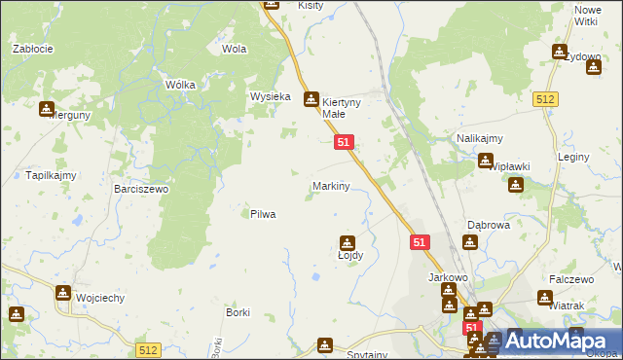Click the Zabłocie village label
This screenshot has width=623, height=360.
[32, 48]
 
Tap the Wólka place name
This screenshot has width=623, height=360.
[180, 85]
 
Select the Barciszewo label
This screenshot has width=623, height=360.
[141, 189]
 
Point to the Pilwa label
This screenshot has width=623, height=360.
[263, 214]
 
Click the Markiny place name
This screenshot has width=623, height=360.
[331, 185]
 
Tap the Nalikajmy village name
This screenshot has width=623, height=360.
[479, 139]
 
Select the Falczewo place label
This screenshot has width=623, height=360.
[571, 279]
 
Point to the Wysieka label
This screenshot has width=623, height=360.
[272, 97]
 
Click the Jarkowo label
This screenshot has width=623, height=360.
[449, 277]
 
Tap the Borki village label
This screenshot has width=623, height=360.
[238, 312]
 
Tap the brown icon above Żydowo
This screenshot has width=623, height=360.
[560, 52]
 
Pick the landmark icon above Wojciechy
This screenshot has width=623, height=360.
[63, 292]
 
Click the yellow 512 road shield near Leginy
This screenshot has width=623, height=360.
[545, 99]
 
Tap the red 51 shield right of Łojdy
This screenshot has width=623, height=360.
[420, 242]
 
